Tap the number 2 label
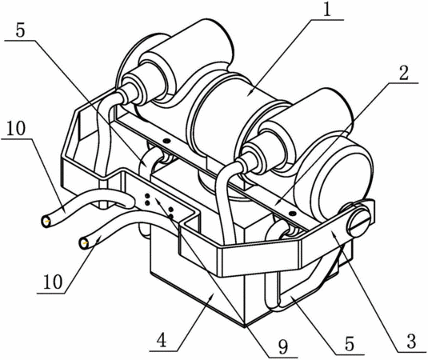coord(403,72)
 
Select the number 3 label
coord(410,341)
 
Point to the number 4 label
coord(162,340)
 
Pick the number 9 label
coord(282,346)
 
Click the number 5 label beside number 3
coord(350,343)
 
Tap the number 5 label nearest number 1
coord(20,30)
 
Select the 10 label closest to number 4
coord(53,282)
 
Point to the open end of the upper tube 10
coord(46,221)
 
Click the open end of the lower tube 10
coord(84,243)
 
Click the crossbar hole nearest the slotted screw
coord(293,213)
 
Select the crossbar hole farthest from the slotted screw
coord(166,141)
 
